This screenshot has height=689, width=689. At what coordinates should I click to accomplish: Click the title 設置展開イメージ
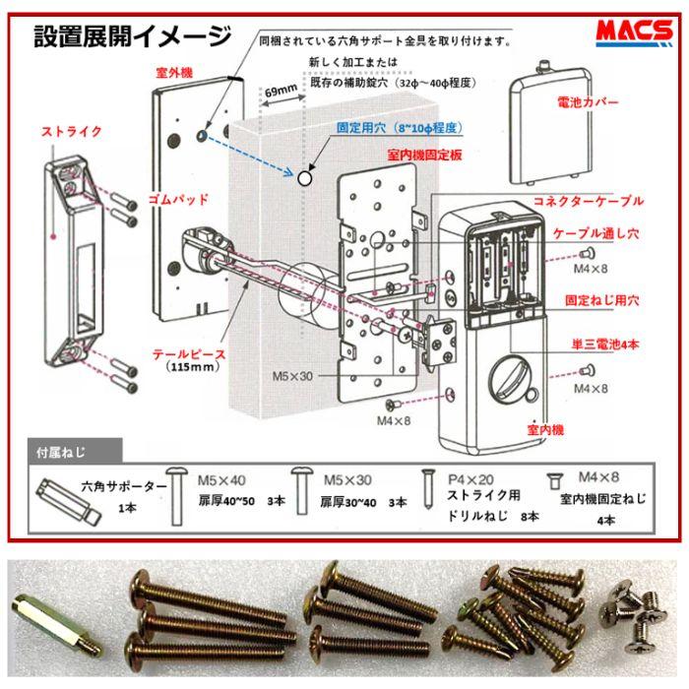[132, 38]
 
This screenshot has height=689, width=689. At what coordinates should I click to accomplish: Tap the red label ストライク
[70, 131]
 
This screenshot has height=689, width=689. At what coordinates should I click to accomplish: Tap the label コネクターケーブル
[589, 201]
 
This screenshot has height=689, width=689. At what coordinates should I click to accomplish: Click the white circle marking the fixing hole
[306, 177]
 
